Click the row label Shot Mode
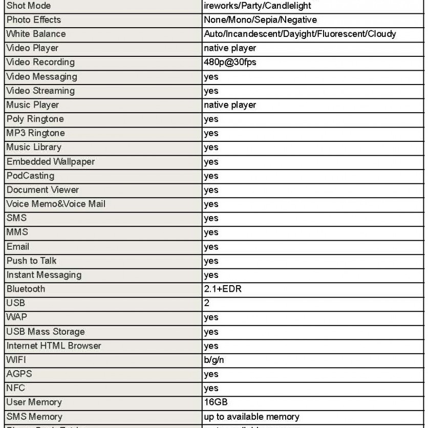[x=30, y=6]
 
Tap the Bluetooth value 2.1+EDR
[x=223, y=289]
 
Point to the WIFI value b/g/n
[x=214, y=360]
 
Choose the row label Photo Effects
[x=33, y=20]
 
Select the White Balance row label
[x=36, y=34]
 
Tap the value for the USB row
[x=207, y=303]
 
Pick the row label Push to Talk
[x=31, y=261]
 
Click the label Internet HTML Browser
[x=54, y=346]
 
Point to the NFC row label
[x=15, y=388]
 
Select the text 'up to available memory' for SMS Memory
[x=251, y=417]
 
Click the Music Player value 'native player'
[x=230, y=105]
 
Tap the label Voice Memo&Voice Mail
[x=55, y=204]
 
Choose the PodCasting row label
[x=30, y=176]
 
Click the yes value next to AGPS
[x=211, y=374]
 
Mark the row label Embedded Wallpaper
[x=50, y=162]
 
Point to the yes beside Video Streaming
[x=211, y=91]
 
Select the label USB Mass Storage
[x=46, y=332]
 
